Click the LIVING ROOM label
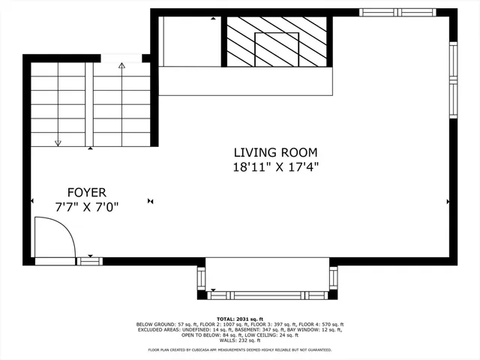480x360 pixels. click(274, 152)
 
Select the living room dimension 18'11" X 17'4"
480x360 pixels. click(274, 168)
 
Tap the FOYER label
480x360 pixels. click(87, 192)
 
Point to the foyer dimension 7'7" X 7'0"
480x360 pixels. click(87, 205)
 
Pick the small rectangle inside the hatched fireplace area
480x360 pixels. click(277, 49)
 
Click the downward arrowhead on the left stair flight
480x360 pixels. click(57, 142)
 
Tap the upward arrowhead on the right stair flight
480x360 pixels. click(121, 66)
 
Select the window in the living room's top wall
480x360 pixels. click(397, 12)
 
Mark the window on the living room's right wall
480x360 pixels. click(453, 79)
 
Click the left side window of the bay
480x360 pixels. click(201, 277)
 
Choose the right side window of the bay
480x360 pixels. click(333, 277)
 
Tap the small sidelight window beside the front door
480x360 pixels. click(90, 261)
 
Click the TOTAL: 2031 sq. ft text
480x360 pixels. click(240, 319)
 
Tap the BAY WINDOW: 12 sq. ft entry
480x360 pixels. click(321, 329)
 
